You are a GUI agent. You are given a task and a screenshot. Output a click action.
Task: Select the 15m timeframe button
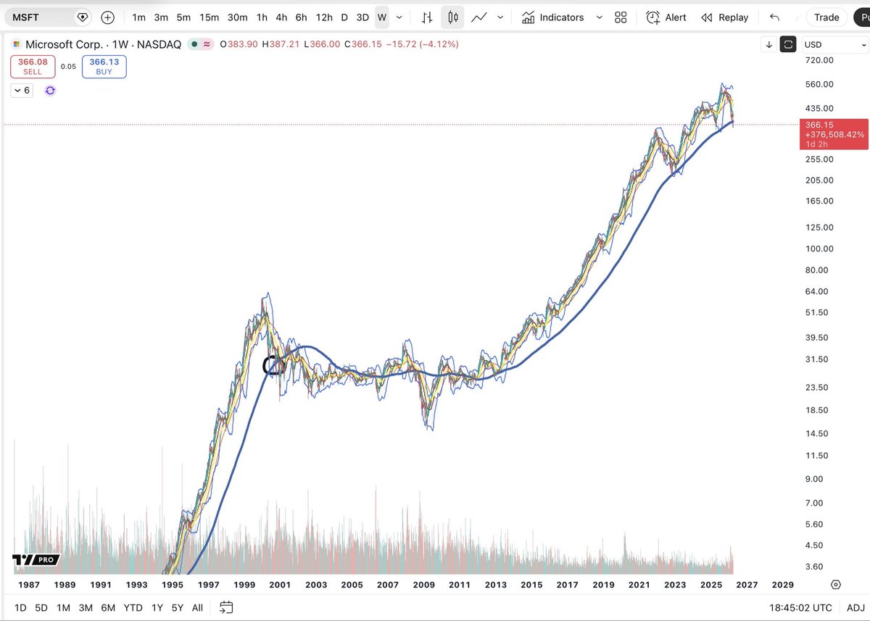pos(210,17)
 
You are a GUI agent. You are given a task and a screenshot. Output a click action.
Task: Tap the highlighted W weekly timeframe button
pos(382,17)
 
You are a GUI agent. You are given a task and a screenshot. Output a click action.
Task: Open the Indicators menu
pos(562,17)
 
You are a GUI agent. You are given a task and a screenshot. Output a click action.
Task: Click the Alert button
pos(666,17)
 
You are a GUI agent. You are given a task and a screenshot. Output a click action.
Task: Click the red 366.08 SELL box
pos(33,67)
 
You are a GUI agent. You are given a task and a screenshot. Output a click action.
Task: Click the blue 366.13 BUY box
pos(104,67)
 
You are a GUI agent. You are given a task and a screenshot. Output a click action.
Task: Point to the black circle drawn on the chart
pos(273,365)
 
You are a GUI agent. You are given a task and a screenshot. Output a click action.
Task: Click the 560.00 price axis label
pos(819,84)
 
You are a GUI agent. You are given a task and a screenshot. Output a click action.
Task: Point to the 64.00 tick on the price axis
pos(817,291)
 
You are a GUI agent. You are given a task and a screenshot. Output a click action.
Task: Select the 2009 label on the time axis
pos(423,585)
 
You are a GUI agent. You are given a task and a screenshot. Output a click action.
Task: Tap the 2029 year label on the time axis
pos(782,585)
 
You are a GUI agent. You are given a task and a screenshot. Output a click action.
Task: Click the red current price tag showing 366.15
pos(833,134)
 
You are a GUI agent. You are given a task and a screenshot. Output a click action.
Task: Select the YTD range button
pos(133,608)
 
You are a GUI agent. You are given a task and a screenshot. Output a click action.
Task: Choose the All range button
pos(197,608)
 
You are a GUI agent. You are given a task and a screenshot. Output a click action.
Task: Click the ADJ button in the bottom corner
pos(855,608)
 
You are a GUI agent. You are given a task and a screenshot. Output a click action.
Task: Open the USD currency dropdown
pos(834,44)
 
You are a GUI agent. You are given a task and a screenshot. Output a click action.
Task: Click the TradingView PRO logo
pos(36,560)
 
